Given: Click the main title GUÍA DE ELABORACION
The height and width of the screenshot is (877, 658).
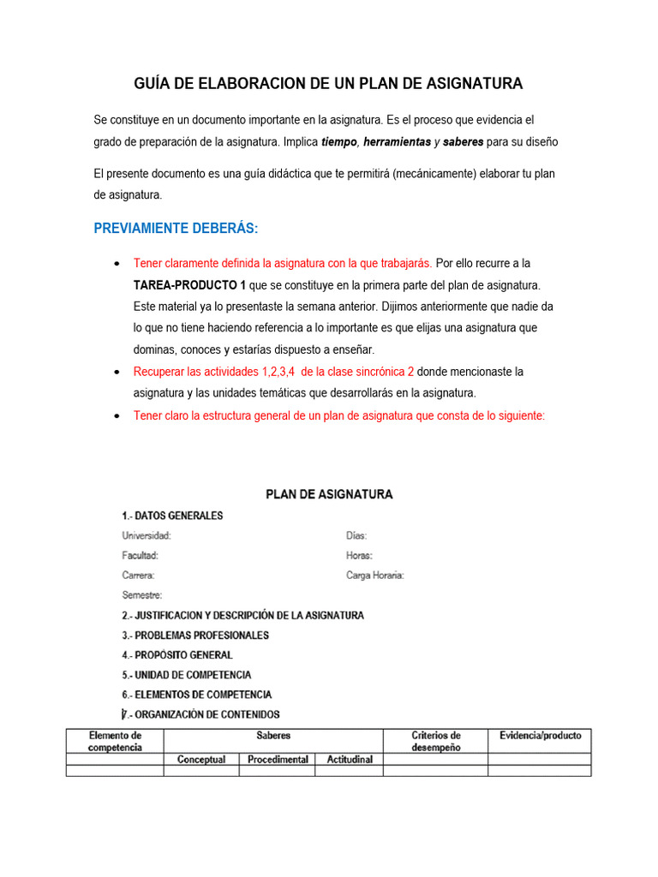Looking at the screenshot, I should [328, 84].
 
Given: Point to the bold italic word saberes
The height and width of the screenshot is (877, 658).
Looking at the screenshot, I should [464, 142].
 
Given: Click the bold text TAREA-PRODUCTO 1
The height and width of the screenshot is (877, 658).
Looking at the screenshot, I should [183, 284].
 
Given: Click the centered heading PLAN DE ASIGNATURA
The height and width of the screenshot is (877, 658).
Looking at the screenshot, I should [329, 494].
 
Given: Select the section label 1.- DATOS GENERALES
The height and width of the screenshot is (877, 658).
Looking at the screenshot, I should [172, 516].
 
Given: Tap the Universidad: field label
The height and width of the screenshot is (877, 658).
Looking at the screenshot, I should [147, 536].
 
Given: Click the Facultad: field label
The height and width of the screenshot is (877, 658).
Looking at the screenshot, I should [141, 556].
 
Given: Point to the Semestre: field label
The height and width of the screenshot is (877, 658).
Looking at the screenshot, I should [142, 595].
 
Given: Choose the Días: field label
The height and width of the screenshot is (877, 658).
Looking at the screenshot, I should [356, 536].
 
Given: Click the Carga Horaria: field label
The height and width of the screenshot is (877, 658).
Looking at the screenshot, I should [375, 576].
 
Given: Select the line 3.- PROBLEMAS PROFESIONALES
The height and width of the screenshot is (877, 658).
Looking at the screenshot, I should [195, 635].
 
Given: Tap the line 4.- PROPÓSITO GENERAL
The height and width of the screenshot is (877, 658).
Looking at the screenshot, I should [177, 655].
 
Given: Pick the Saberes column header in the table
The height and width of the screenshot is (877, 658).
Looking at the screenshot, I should [272, 735].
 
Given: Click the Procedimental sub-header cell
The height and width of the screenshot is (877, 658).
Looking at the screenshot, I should [278, 760].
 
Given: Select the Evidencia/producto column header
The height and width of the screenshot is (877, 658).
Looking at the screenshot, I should [540, 735].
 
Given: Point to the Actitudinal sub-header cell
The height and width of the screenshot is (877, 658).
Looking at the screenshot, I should [349, 760].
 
